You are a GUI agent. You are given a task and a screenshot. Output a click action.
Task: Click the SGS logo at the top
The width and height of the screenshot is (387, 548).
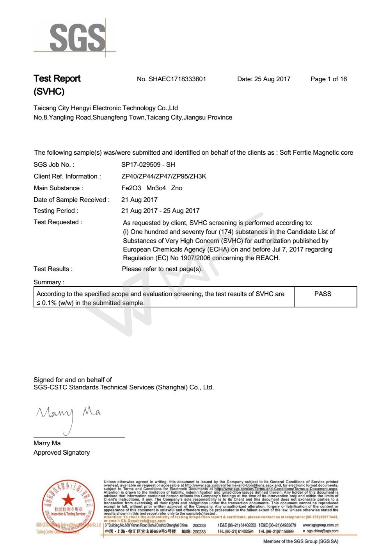(x=74, y=38)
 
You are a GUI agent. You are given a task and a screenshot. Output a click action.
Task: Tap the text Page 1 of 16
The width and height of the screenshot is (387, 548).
(x=328, y=79)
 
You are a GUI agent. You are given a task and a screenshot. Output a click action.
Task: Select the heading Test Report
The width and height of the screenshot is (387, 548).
(x=57, y=79)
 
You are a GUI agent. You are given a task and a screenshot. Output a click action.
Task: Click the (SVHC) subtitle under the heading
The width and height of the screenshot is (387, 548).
(x=49, y=92)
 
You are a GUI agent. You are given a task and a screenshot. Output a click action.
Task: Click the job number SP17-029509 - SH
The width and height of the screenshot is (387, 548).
(x=148, y=165)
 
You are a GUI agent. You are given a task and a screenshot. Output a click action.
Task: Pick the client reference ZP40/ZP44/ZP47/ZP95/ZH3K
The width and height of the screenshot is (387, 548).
(x=163, y=177)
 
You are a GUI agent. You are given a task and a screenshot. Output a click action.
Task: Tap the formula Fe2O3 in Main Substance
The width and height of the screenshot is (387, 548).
(x=131, y=188)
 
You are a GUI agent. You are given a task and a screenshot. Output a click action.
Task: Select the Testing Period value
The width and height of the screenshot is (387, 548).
(x=160, y=211)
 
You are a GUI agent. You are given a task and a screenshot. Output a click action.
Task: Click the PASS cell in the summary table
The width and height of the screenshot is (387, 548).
(x=323, y=294)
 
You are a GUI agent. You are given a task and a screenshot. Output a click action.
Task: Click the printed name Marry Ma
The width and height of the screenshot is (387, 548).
(x=47, y=443)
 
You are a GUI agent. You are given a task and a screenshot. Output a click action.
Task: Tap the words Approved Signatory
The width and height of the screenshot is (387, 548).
(x=62, y=453)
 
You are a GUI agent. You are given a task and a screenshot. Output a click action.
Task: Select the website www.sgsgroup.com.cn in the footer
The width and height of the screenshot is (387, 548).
(x=320, y=525)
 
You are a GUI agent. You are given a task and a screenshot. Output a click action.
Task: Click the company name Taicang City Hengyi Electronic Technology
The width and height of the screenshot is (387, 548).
(x=105, y=108)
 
